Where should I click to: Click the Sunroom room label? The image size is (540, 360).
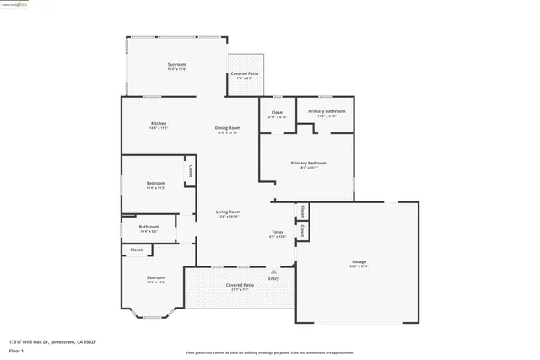click(176, 65)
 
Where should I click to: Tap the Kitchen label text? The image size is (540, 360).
click(159, 124)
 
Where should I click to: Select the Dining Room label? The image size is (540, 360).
click(228, 128)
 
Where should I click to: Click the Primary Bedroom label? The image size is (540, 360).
click(308, 163)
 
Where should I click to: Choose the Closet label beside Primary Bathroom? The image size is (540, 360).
click(278, 112)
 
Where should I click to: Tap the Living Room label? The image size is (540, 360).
click(228, 212)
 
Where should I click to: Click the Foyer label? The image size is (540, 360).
click(278, 232)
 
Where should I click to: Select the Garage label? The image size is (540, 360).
click(359, 261)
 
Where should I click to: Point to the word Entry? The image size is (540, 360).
click(273, 278)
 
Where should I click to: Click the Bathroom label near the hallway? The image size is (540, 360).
click(149, 226)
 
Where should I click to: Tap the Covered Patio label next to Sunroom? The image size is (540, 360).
click(245, 74)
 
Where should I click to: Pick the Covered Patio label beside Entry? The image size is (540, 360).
click(240, 285)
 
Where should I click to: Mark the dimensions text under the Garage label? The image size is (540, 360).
click(359, 266)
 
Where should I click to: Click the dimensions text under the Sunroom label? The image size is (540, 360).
click(176, 70)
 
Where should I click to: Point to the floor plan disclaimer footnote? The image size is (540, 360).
click(270, 352)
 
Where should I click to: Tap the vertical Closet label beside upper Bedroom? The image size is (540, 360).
click(191, 170)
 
